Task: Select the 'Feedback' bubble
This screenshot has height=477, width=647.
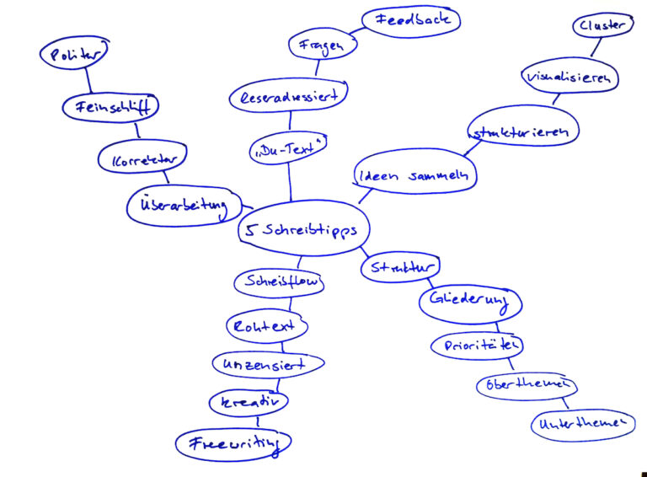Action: click(411, 20)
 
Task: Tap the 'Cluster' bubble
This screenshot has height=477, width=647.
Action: click(602, 26)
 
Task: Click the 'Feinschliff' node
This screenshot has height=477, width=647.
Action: click(110, 107)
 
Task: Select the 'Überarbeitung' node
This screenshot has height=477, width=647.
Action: click(183, 206)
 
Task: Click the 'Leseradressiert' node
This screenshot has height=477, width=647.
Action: click(289, 96)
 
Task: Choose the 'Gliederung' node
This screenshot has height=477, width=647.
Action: click(469, 303)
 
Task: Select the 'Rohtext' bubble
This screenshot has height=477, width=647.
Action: click(267, 325)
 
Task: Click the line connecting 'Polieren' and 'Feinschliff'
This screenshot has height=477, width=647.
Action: click(87, 81)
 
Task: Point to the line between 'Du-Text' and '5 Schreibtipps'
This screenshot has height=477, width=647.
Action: click(291, 181)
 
